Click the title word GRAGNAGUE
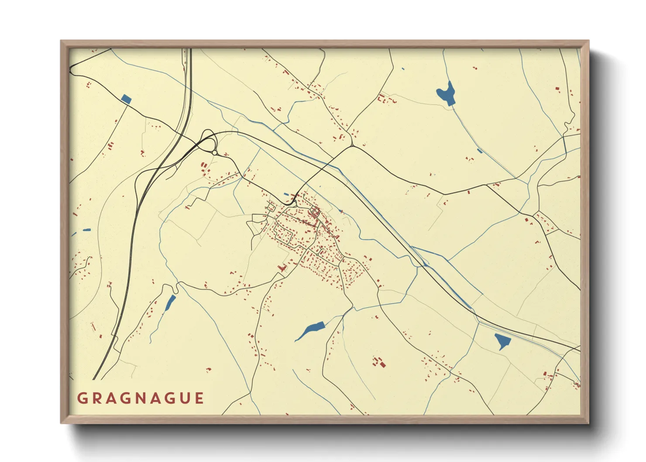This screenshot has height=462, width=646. pyautogui.click(x=141, y=398)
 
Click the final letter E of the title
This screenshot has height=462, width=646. pyautogui.click(x=199, y=398)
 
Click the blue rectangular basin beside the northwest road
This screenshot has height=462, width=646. pyautogui.click(x=126, y=99)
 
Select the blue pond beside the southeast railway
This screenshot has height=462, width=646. pyautogui.click(x=502, y=341)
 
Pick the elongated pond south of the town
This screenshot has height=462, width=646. pyautogui.click(x=310, y=331)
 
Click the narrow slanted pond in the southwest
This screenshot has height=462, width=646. pyautogui.click(x=170, y=303)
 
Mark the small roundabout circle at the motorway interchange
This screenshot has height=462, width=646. pyautogui.click(x=215, y=152)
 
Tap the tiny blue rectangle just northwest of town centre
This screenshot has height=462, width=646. pyautogui.click(x=286, y=194)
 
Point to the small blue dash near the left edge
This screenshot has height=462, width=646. pyautogui.click(x=87, y=230)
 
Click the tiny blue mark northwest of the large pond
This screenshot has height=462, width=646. pyautogui.click(x=402, y=69)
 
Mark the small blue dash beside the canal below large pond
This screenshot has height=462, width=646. pyautogui.click(x=480, y=151)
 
